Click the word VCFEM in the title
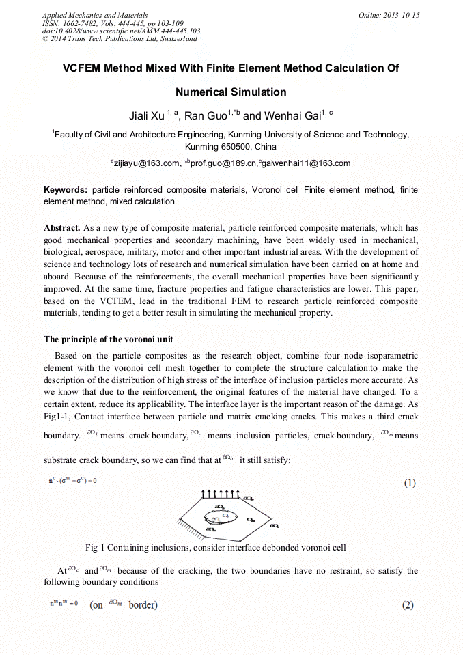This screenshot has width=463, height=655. [x=85, y=68]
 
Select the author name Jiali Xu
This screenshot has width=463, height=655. [x=146, y=116]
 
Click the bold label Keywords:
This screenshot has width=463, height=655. [x=66, y=189]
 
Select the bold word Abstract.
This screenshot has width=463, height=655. [x=62, y=227]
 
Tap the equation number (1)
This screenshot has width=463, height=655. [x=408, y=483]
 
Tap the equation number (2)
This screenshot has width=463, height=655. [x=408, y=605]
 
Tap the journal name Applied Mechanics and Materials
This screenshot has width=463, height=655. [x=95, y=15]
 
